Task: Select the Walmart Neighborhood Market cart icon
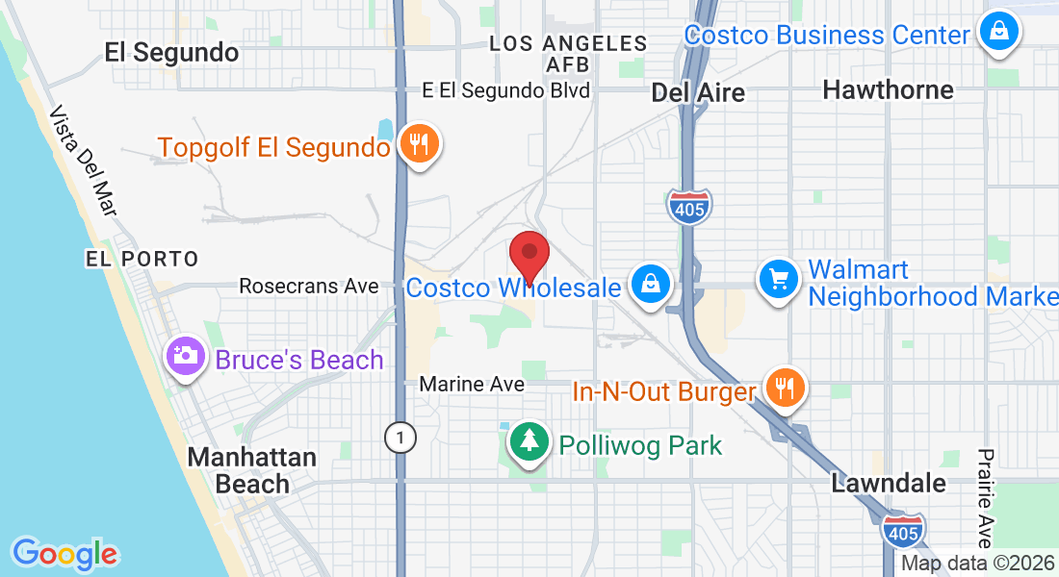pyautogui.click(x=778, y=280)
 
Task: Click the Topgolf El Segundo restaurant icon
pyautogui.click(x=419, y=144)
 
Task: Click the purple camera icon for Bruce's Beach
pyautogui.click(x=185, y=356)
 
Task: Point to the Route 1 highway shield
pyautogui.click(x=400, y=439)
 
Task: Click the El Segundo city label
pyautogui.click(x=171, y=52)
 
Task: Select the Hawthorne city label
pyautogui.click(x=888, y=90)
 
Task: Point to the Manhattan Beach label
pyautogui.click(x=252, y=470)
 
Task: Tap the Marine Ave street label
pyautogui.click(x=472, y=384)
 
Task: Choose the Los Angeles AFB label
pyautogui.click(x=568, y=54)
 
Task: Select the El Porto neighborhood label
pyautogui.click(x=142, y=259)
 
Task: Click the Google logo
pyautogui.click(x=65, y=553)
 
